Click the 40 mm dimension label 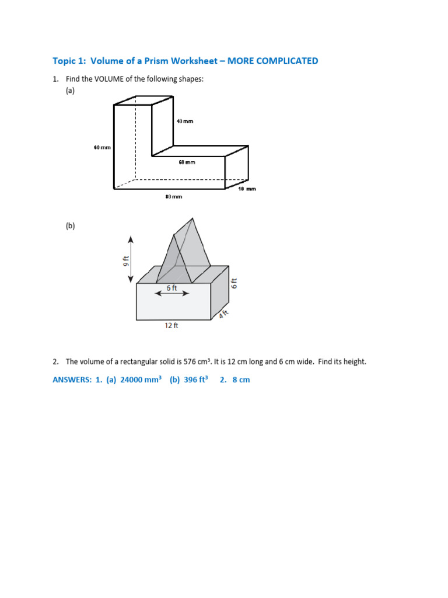coord(184,121)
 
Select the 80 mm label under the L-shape coord(174,197)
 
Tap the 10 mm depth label coord(247,189)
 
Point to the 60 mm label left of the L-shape coord(102,148)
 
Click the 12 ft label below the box coord(171,326)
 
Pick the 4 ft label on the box coord(223,315)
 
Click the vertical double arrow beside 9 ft coord(131,259)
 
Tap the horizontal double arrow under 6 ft coord(171,294)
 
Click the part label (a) coord(71,91)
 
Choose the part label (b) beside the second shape coord(71,226)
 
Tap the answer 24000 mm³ coord(141,380)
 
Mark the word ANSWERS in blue coord(72,380)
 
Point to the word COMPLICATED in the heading coord(284,61)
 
